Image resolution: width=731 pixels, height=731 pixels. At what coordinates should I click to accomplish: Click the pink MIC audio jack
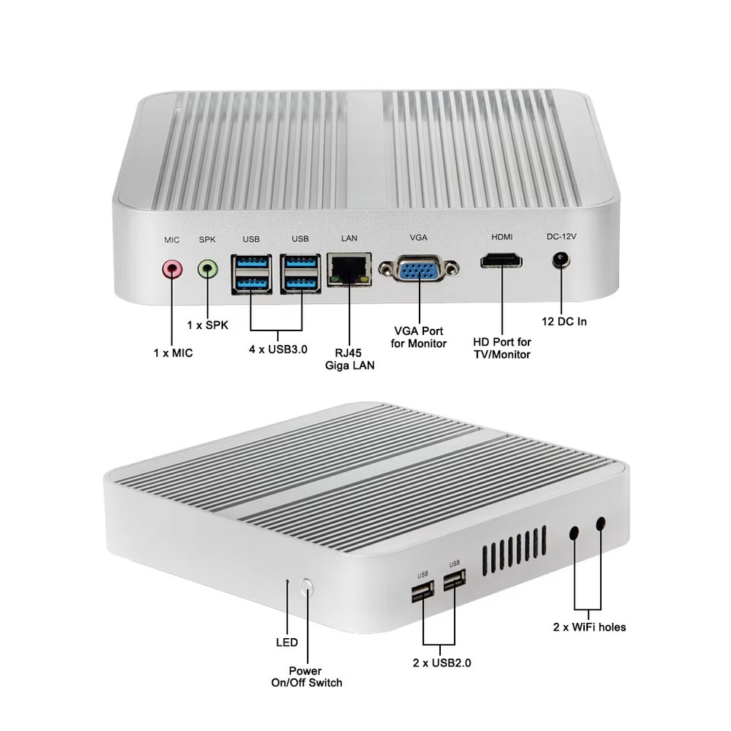(x=173, y=268)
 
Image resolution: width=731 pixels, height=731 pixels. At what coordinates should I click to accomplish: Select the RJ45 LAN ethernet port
(x=350, y=270)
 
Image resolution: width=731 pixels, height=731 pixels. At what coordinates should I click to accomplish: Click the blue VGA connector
(x=419, y=269)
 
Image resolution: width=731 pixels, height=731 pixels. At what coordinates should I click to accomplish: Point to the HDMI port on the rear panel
(x=502, y=263)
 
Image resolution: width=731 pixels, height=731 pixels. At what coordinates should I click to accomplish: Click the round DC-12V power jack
(x=562, y=261)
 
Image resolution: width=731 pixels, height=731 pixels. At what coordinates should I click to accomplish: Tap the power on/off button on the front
(x=308, y=586)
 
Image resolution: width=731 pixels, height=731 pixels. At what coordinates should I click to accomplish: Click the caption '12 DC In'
(x=564, y=321)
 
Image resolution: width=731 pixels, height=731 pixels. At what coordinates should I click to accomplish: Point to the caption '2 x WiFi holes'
(x=589, y=627)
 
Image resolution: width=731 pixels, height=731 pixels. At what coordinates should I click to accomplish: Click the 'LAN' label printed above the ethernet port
(x=350, y=238)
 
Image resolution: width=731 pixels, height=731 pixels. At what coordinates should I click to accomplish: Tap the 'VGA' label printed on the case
(x=419, y=238)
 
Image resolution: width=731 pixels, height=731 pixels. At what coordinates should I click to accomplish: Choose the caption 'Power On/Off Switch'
(x=307, y=676)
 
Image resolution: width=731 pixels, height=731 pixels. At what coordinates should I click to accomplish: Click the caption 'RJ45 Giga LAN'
(x=350, y=359)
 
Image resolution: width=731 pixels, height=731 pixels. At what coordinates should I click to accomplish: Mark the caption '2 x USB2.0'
(x=442, y=662)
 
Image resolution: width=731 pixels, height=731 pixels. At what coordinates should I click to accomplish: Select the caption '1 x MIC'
(x=173, y=353)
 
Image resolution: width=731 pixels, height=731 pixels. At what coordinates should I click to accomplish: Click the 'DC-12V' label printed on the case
(x=562, y=236)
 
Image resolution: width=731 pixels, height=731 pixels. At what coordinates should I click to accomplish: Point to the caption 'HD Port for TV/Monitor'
(x=502, y=348)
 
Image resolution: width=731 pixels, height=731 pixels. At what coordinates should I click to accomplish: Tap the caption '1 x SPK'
(x=208, y=324)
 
